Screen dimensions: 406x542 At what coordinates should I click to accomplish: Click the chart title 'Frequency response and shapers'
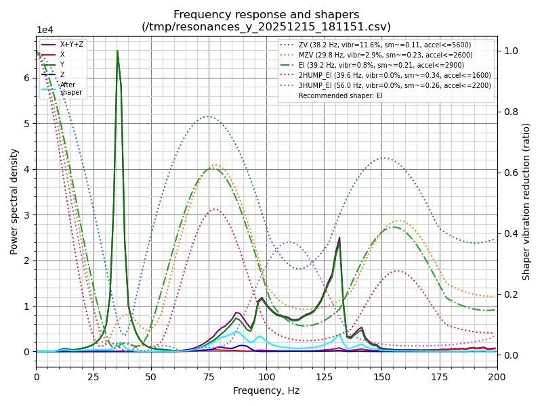[x=266, y=15]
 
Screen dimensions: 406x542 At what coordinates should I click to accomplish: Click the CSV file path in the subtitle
[x=266, y=27]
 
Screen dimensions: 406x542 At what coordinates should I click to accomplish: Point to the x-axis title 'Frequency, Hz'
[x=266, y=390]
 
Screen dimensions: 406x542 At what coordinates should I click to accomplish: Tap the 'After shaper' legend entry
[x=71, y=88]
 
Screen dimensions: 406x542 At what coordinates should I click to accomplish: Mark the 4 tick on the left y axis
[x=27, y=169]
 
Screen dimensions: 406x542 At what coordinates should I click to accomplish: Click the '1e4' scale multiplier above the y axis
[x=45, y=30]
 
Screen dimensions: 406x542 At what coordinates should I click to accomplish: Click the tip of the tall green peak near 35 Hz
[x=117, y=51]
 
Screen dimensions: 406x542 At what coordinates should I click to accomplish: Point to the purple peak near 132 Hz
[x=339, y=238]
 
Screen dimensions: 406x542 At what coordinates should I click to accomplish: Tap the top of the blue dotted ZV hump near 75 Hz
[x=209, y=116]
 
